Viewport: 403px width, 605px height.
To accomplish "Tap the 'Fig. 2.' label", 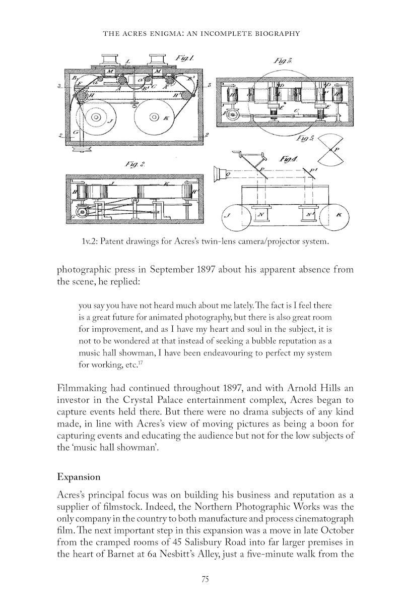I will [135, 164].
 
